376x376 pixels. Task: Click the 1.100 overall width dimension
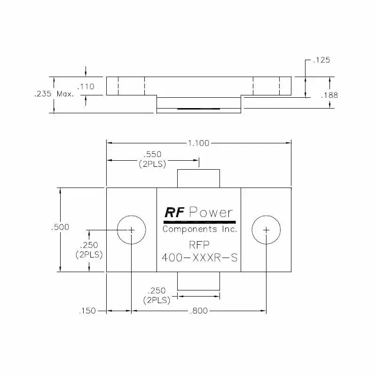click(x=199, y=143)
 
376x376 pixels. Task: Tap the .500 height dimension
click(x=60, y=227)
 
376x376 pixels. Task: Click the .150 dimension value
click(x=88, y=311)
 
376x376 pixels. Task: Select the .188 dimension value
click(x=329, y=95)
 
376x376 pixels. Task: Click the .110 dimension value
click(x=86, y=86)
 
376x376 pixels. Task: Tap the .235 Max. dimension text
click(x=54, y=94)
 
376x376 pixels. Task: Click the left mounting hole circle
click(x=132, y=230)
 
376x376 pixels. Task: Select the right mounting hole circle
click(x=266, y=230)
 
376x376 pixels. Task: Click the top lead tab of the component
click(x=198, y=179)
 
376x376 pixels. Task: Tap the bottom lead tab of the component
click(x=198, y=281)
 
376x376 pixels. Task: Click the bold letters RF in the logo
click(x=174, y=212)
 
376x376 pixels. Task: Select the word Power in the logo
click(x=211, y=212)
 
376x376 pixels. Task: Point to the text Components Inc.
click(x=199, y=229)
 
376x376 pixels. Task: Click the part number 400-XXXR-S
click(x=199, y=258)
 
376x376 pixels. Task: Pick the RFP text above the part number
click(x=199, y=244)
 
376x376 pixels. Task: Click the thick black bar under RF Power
click(x=199, y=221)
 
